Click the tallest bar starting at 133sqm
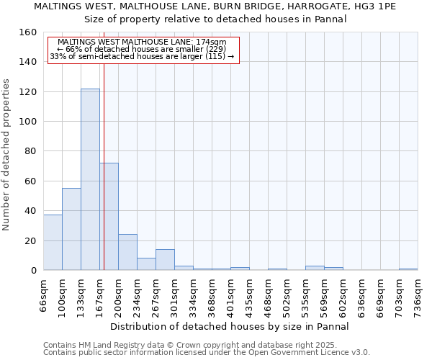coord(90,179)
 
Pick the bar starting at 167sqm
coord(109,216)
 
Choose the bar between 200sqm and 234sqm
coord(127,252)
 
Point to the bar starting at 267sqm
coord(165,260)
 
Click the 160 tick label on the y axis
coord(28,32)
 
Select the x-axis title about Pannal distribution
coord(230,326)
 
